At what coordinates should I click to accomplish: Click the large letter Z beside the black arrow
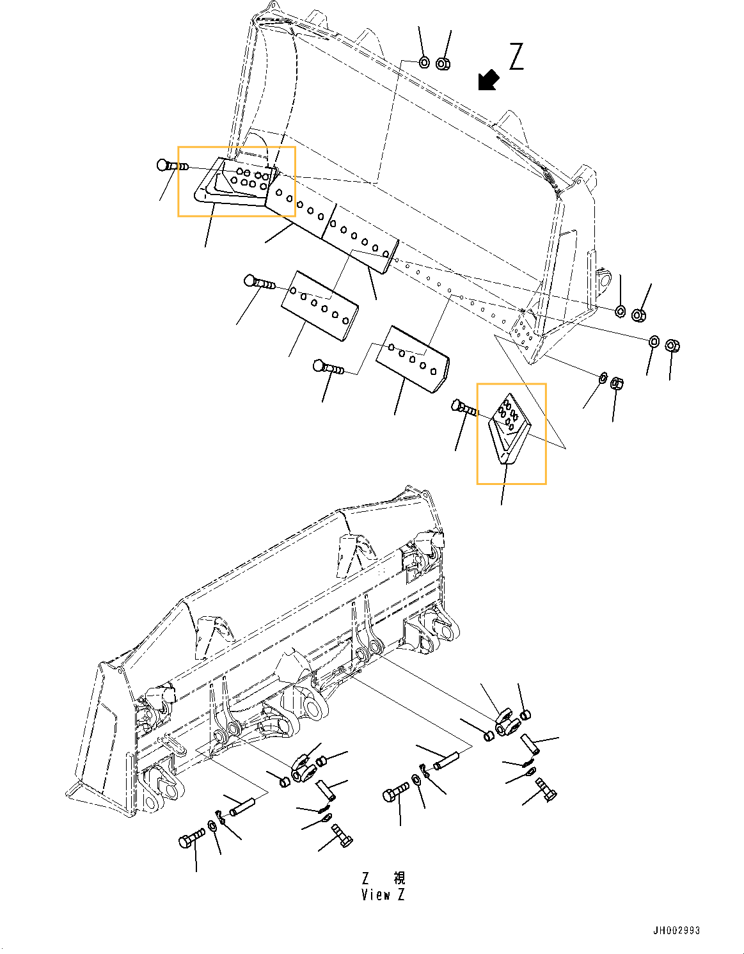tap(516, 56)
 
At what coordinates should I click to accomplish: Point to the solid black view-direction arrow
tap(489, 81)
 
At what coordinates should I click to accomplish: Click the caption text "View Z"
tap(383, 895)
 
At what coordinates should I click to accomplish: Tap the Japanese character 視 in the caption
tap(399, 878)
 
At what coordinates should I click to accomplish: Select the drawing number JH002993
tap(676, 930)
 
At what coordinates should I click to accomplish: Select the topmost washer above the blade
tap(424, 62)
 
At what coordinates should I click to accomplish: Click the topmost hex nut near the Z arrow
tap(443, 63)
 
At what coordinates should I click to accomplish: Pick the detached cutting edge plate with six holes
tap(319, 304)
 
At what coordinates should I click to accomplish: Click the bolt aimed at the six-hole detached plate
tap(259, 282)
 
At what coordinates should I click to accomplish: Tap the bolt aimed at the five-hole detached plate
tap(328, 368)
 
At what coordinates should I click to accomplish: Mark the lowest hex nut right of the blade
tap(617, 383)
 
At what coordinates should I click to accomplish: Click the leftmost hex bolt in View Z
tap(192, 838)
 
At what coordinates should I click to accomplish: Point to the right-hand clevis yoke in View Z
tap(507, 723)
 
